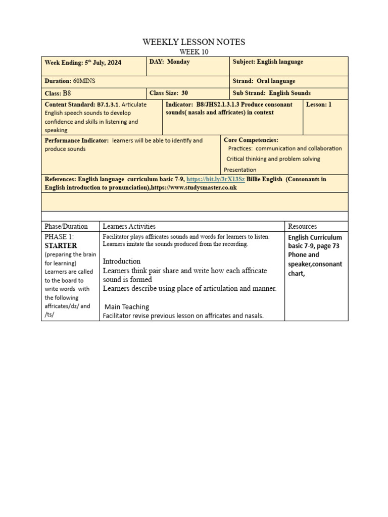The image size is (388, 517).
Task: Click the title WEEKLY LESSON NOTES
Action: point(194,42)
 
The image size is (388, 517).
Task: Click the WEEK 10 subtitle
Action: point(194,51)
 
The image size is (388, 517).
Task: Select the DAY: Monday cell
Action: point(170,62)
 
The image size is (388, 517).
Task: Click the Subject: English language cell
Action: point(268,62)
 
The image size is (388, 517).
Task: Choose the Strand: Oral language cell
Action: point(264,81)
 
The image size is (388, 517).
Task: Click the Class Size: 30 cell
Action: point(169,93)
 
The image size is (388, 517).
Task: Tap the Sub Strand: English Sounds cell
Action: point(271,93)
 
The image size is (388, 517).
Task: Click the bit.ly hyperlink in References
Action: point(216,179)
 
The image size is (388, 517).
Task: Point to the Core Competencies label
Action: point(251,140)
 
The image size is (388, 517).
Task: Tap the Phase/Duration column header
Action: point(66,226)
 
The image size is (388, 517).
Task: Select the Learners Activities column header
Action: point(129,226)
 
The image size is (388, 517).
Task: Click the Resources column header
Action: point(302,226)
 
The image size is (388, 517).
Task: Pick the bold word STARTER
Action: point(61,246)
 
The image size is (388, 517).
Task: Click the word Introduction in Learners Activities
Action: point(122,261)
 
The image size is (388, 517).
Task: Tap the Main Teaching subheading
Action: point(127,306)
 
